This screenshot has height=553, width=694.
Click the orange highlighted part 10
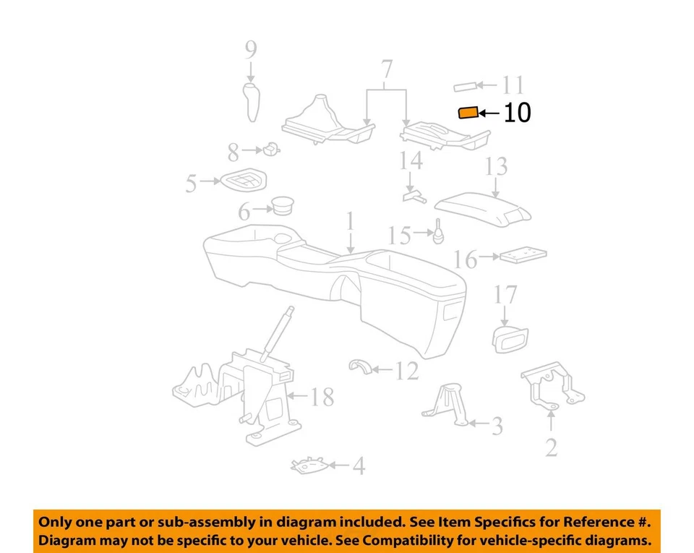[468, 112]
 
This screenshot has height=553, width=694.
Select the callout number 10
[516, 113]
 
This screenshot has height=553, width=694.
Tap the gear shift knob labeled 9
[251, 102]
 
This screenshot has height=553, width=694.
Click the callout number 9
[250, 50]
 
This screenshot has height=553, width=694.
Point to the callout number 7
[387, 69]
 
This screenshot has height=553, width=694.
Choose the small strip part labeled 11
[466, 87]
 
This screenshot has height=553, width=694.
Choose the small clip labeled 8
[271, 150]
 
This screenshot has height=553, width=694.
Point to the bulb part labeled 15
[438, 233]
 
